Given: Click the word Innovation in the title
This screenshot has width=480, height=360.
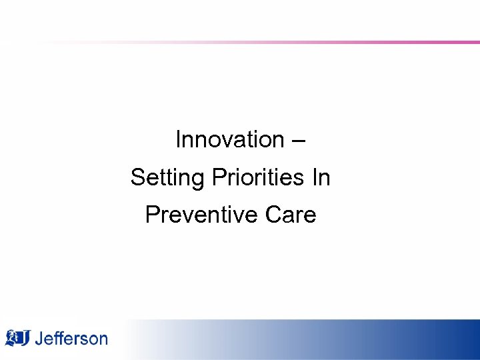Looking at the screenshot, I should click(x=229, y=140).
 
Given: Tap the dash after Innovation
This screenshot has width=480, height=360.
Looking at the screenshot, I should click(x=299, y=141).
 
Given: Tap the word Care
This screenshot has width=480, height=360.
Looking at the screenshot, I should click(x=291, y=215).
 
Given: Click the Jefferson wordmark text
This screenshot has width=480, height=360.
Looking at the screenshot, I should click(x=70, y=338).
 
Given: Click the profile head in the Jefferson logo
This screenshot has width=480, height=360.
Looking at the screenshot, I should click(x=11, y=338).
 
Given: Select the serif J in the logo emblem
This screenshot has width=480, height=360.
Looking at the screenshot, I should click(x=24, y=338).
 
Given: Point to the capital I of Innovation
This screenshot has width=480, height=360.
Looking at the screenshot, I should click(x=178, y=140).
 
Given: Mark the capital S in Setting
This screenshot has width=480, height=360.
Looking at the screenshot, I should click(x=137, y=178).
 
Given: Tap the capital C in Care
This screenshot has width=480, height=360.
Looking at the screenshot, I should click(x=273, y=215).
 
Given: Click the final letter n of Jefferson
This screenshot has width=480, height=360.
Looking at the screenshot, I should click(x=103, y=339).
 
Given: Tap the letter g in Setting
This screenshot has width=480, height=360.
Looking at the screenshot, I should click(x=199, y=180).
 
